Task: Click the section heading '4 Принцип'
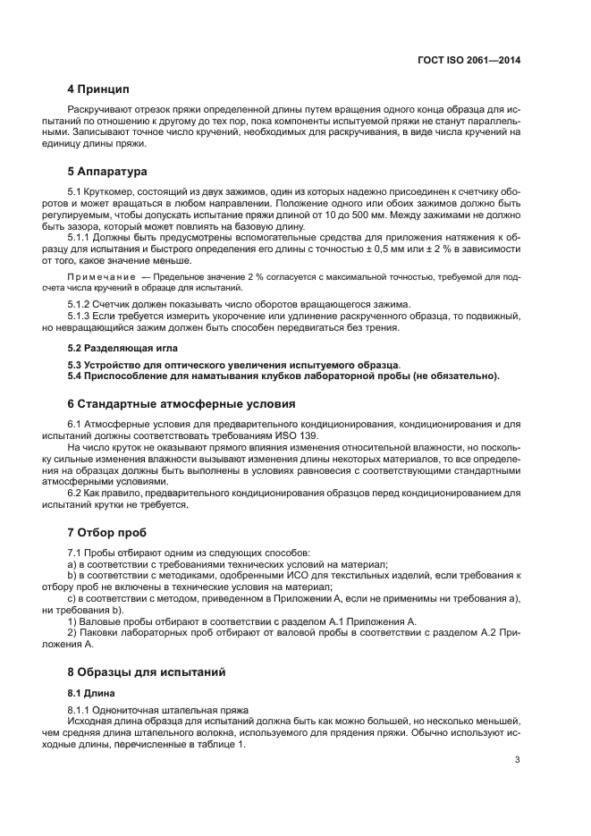98,90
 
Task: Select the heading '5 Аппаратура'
107,170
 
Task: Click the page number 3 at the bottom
518,760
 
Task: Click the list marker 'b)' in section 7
72,574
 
